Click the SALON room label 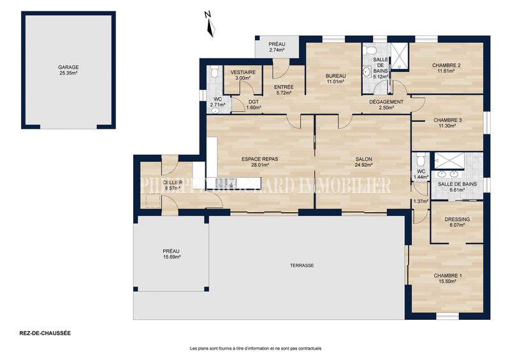[x=363, y=159]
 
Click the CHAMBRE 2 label [x=446, y=65]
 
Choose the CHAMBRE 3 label [x=447, y=120]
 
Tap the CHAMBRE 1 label [x=448, y=275]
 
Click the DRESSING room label [x=458, y=219]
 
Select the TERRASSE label [x=302, y=265]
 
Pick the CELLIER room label [x=173, y=183]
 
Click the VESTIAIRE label [x=243, y=73]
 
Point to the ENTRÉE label [x=283, y=87]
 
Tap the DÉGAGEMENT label [x=386, y=102]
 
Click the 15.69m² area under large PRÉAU [x=171, y=257]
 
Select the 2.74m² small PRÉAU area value [x=277, y=50]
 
